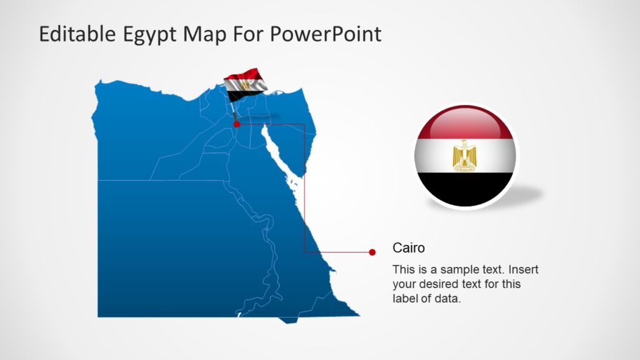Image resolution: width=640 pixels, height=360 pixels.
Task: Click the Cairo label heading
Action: pyautogui.click(x=408, y=248)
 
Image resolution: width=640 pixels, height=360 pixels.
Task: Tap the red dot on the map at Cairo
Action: pyautogui.click(x=236, y=124)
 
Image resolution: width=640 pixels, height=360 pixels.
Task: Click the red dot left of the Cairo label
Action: pyautogui.click(x=372, y=252)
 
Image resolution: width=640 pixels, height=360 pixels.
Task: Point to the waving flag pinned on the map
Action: pyautogui.click(x=244, y=84)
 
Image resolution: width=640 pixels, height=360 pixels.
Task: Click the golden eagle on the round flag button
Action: pyautogui.click(x=465, y=155)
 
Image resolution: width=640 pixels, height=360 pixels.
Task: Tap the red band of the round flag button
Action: pyautogui.click(x=465, y=122)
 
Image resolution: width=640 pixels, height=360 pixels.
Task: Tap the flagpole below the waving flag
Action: pyautogui.click(x=233, y=112)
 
